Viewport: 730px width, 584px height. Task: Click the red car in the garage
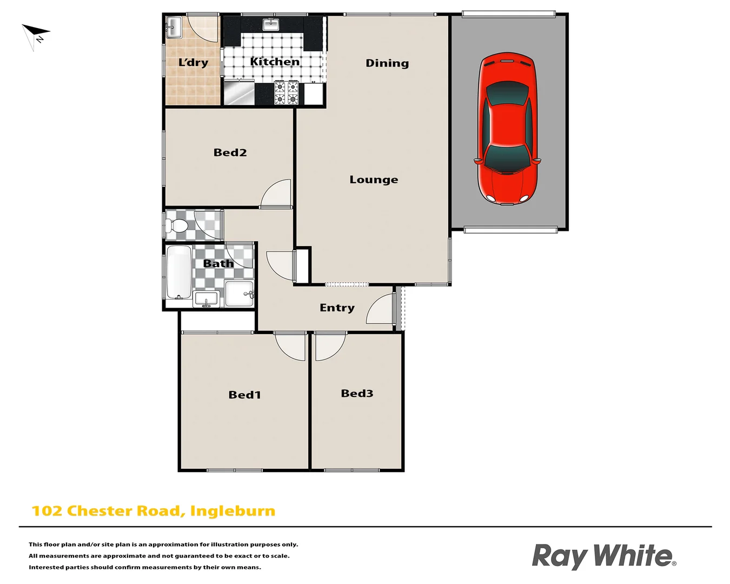507,129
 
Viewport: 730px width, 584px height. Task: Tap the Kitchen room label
275,62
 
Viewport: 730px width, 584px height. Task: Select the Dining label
387,63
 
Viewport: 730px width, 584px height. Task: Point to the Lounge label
374,180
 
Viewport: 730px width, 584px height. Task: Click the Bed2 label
230,152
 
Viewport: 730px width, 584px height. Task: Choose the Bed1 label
244,395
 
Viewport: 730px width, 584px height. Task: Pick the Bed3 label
357,394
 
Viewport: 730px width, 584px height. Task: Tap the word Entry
337,308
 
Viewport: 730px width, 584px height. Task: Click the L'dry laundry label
193,62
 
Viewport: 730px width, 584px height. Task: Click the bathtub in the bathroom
179,271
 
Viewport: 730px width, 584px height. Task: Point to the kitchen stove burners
286,92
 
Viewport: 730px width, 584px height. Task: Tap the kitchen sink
271,24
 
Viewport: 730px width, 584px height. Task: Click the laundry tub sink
174,27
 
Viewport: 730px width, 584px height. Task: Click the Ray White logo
603,556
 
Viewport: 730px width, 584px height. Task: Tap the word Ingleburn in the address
233,511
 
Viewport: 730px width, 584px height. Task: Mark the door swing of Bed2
277,194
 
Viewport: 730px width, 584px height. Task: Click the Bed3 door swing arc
329,347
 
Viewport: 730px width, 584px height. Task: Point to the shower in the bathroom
239,294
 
